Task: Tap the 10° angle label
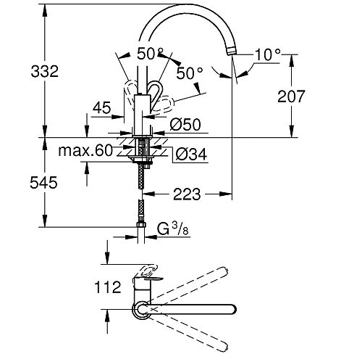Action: tap(266, 53)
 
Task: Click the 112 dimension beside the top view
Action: tap(106, 288)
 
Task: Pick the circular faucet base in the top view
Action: tap(141, 310)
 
